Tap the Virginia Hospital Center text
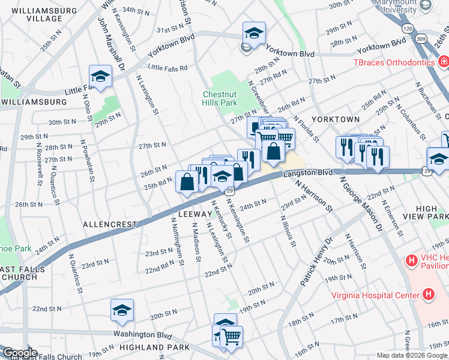tap(376, 295)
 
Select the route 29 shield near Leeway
tap(229, 191)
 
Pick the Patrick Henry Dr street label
tap(316, 261)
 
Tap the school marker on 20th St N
tap(122, 310)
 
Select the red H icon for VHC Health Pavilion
tap(411, 260)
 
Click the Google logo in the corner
tap(20, 353)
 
